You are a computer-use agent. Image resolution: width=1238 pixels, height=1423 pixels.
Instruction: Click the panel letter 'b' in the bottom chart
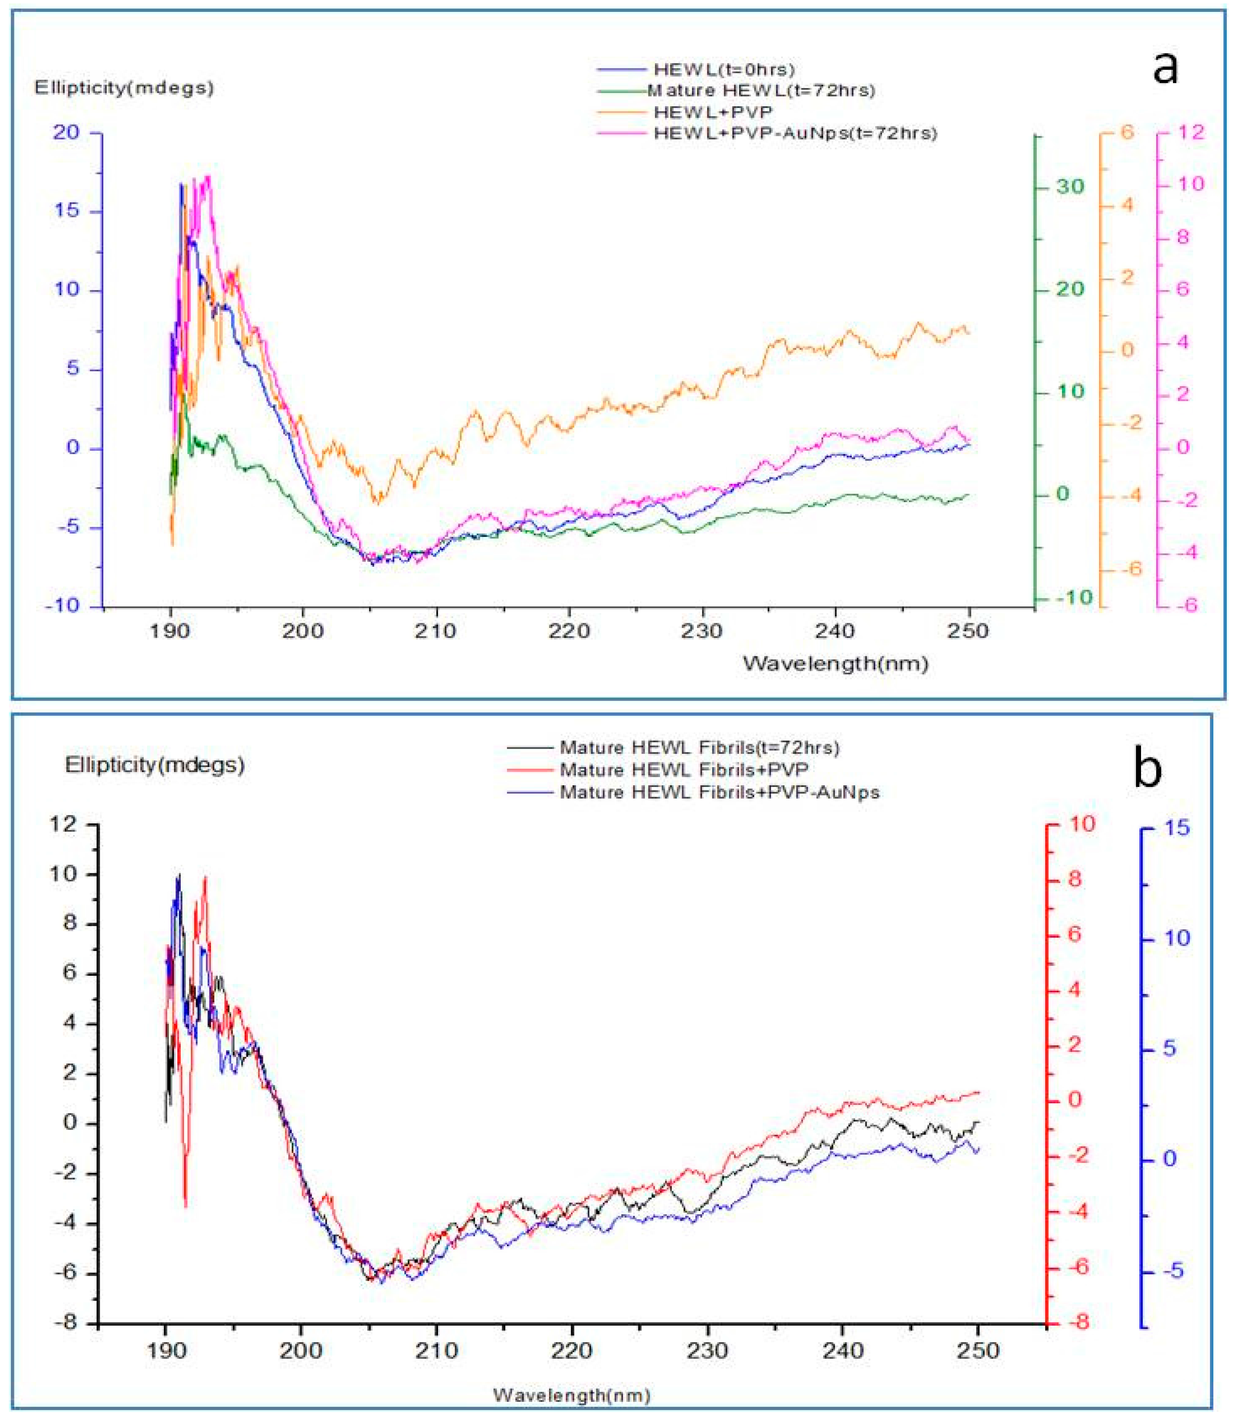pos(1147,769)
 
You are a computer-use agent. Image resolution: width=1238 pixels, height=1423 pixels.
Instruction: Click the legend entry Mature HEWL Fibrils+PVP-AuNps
pos(718,792)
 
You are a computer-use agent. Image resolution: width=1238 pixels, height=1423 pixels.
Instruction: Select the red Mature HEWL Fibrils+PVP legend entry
pos(683,770)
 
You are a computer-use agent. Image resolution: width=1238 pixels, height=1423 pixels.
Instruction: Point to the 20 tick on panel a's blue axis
pos(66,132)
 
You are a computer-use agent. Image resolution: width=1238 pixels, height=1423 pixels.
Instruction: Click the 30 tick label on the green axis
pos(1070,187)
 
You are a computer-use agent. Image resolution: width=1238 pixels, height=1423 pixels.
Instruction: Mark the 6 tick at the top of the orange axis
pos(1127,132)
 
